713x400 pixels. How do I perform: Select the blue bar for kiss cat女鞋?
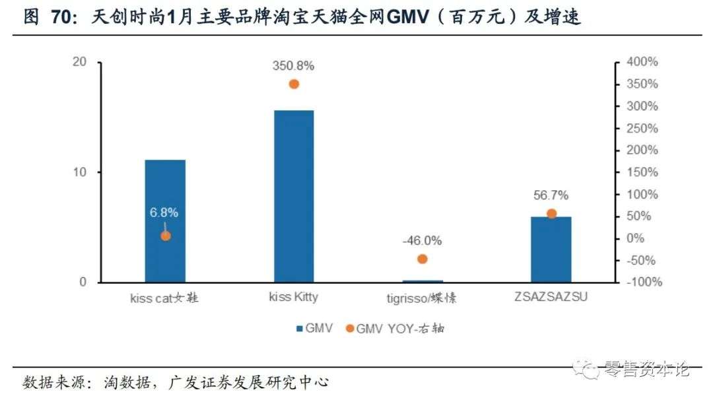(165, 221)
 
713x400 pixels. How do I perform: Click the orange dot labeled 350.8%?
(294, 84)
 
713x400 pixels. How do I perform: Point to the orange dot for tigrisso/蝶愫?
(423, 259)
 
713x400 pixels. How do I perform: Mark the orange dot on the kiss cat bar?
(166, 236)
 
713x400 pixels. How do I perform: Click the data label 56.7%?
(551, 195)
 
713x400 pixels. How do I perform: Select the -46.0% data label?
(423, 240)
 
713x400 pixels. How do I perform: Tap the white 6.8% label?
(164, 213)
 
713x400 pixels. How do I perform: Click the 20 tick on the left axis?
(80, 62)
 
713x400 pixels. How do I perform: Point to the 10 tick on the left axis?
(80, 172)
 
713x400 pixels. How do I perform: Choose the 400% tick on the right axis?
(642, 62)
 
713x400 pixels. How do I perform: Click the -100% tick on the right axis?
(640, 283)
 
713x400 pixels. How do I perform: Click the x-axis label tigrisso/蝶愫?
(423, 298)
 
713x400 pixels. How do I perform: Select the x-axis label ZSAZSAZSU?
(551, 297)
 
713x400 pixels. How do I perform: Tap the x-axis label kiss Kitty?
(294, 297)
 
